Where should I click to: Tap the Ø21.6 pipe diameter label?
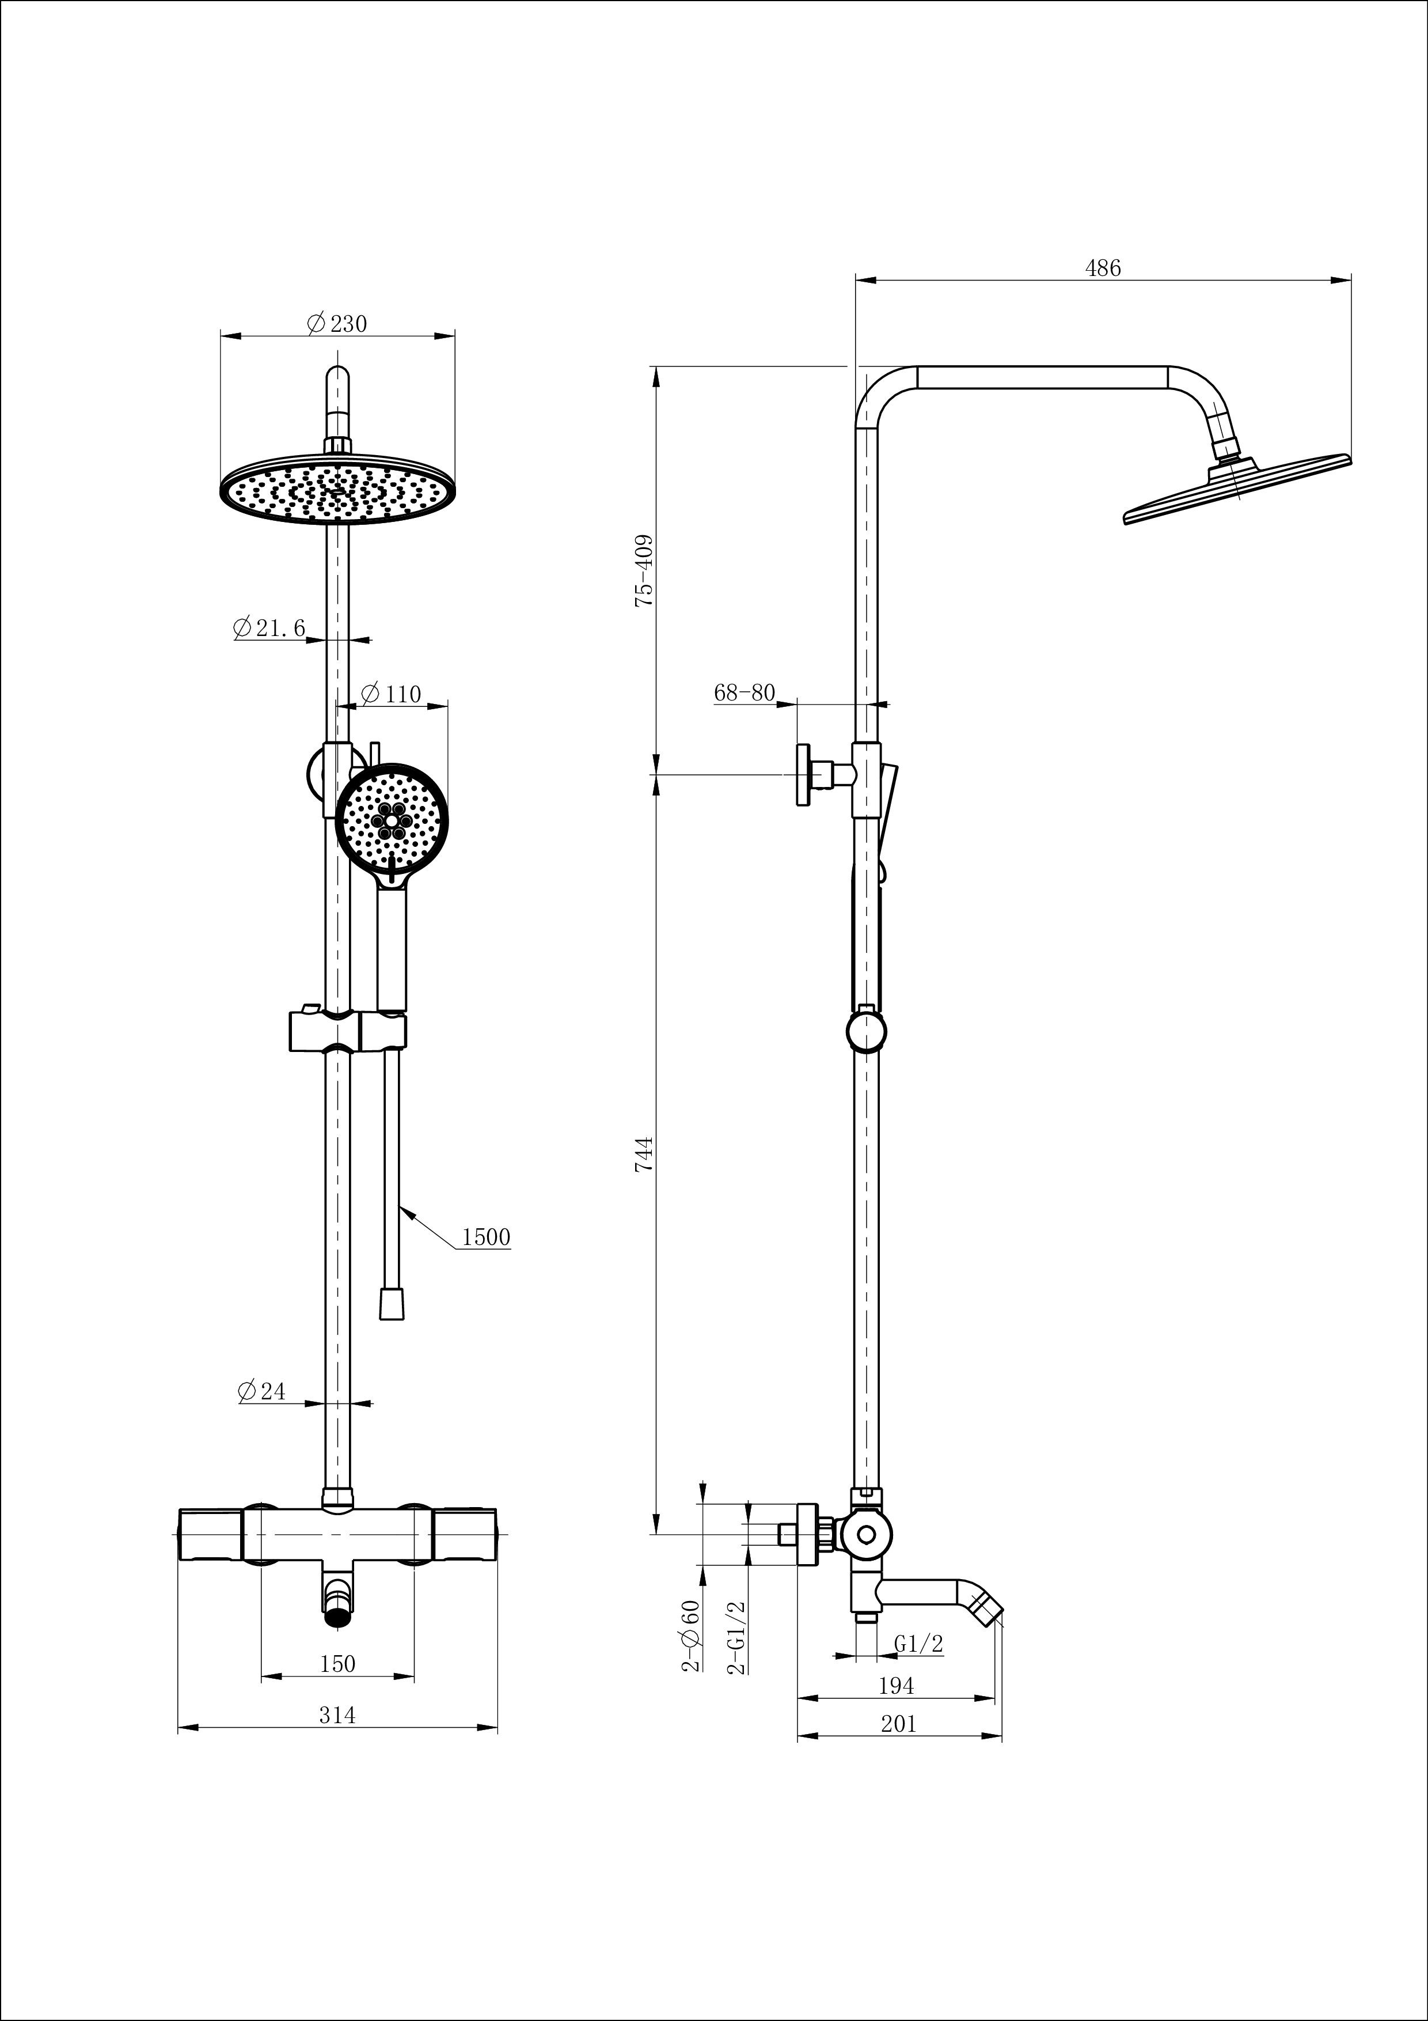(x=270, y=627)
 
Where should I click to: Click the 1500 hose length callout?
(x=485, y=1237)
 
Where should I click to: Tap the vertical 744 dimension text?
(x=645, y=1154)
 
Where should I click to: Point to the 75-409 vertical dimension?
(x=645, y=570)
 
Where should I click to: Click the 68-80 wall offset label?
(x=745, y=692)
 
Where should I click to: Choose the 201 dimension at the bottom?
(x=898, y=1724)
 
